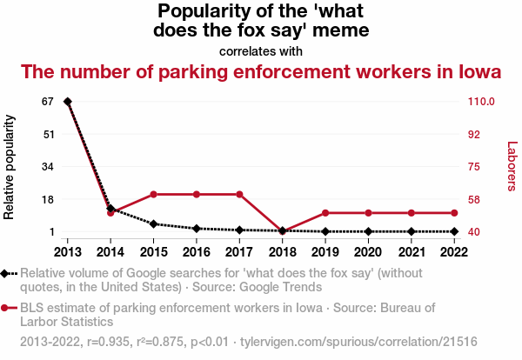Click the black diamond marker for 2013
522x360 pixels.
click(x=68, y=102)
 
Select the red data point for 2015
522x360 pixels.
click(x=153, y=194)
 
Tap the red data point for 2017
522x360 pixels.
click(x=239, y=194)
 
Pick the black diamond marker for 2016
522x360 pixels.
click(x=197, y=229)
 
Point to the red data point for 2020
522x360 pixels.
click(x=368, y=213)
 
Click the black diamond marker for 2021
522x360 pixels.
click(x=411, y=231)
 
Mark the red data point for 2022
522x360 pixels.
click(x=454, y=213)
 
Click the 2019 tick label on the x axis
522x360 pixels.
click(x=325, y=252)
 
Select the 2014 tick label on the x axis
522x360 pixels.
click(x=110, y=252)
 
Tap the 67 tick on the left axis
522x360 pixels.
click(x=48, y=102)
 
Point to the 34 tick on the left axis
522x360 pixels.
click(x=48, y=167)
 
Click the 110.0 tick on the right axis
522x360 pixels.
click(x=481, y=102)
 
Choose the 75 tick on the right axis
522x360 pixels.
click(x=475, y=167)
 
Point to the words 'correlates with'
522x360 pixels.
click(x=261, y=51)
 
